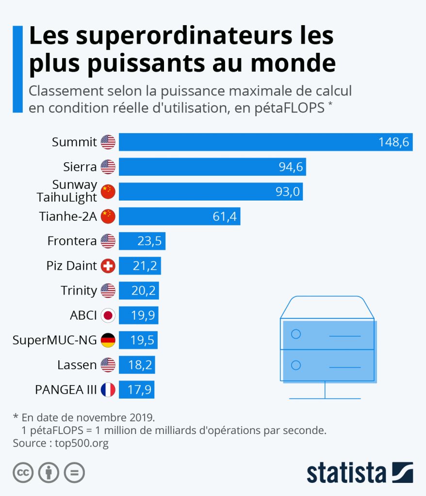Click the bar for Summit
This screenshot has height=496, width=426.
(x=265, y=142)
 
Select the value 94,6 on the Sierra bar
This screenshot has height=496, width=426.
(x=291, y=167)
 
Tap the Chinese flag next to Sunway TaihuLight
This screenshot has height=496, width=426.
(x=108, y=192)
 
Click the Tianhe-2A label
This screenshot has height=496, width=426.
(x=68, y=217)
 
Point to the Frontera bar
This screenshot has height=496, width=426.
(x=142, y=241)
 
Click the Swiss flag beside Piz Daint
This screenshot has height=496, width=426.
(x=108, y=266)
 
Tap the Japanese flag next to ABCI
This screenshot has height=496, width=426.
(x=108, y=316)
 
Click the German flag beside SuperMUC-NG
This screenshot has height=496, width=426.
(x=108, y=341)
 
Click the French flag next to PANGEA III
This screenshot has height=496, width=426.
(x=108, y=390)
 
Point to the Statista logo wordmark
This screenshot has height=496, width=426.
(x=346, y=472)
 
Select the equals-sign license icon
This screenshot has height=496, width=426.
(x=74, y=473)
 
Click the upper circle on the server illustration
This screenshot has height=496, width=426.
(x=296, y=334)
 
